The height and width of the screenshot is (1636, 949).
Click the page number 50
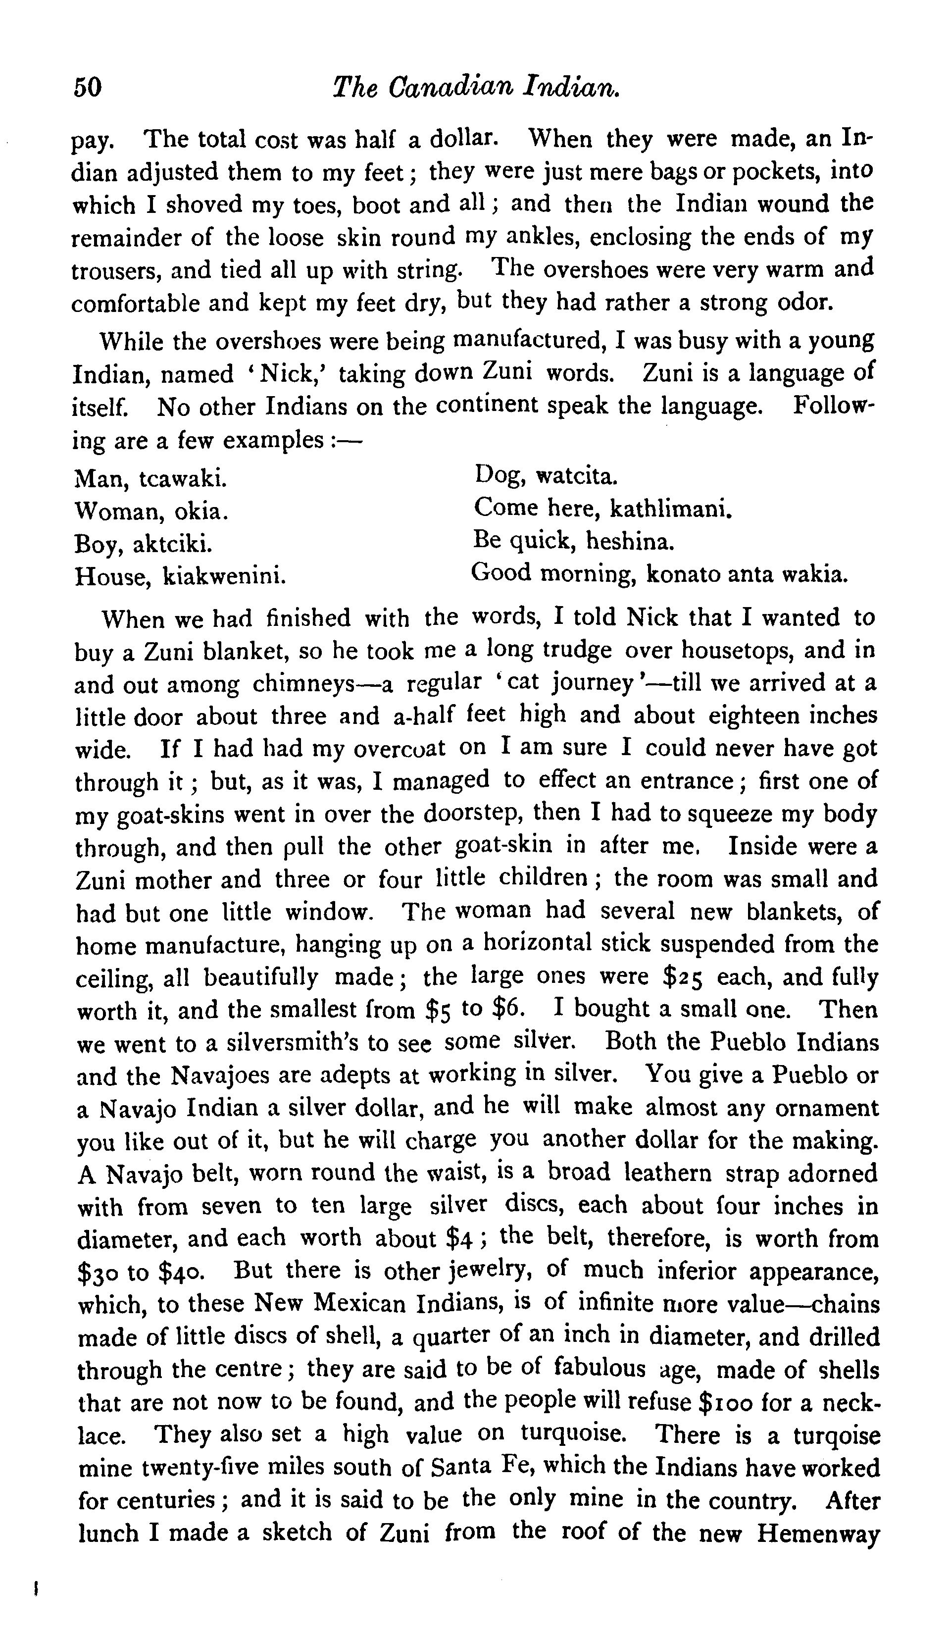tap(88, 86)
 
